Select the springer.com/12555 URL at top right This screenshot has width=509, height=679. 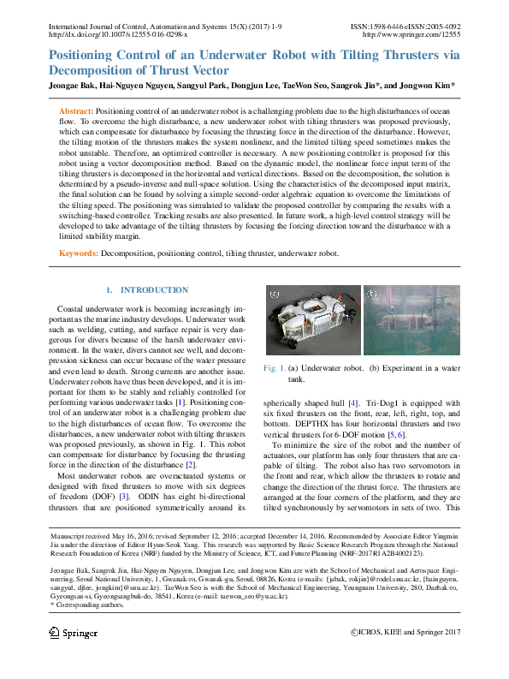(411, 34)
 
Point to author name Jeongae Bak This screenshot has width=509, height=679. (75, 86)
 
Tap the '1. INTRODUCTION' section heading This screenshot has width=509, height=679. (146, 290)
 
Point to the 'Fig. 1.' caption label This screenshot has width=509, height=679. (275, 368)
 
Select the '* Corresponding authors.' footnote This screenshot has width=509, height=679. (80, 605)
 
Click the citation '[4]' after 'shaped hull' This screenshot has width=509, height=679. (351, 402)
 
